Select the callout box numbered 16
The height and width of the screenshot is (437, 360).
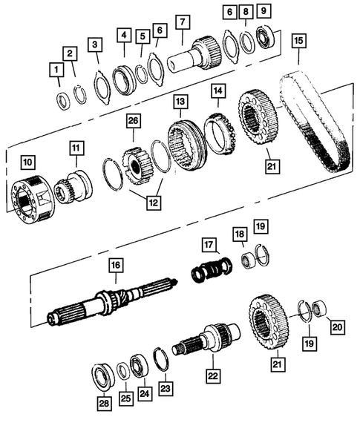tap(115, 265)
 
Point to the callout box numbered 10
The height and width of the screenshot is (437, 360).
tap(27, 161)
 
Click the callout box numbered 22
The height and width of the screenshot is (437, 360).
tap(213, 377)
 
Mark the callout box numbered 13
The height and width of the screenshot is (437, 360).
tap(180, 100)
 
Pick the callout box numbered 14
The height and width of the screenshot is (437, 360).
tap(217, 91)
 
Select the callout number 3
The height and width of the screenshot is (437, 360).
tap(95, 45)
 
